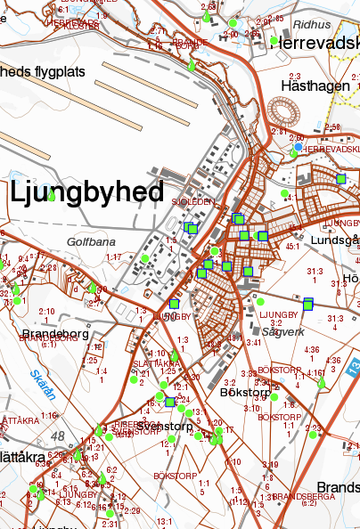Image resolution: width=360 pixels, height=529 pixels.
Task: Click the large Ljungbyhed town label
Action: [x=87, y=191]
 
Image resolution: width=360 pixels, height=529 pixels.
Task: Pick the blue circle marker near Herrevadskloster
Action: [x=299, y=147]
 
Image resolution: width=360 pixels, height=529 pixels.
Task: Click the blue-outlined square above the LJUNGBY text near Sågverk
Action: [x=308, y=305]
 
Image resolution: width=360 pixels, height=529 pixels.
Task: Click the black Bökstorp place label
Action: [x=244, y=391]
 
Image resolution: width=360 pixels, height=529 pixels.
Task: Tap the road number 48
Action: [x=59, y=435]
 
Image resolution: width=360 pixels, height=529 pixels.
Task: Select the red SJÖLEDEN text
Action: [x=197, y=202]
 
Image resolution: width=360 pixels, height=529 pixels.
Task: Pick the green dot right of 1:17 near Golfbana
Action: [x=144, y=258]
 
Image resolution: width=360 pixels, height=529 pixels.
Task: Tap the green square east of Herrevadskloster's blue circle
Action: [x=340, y=179]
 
